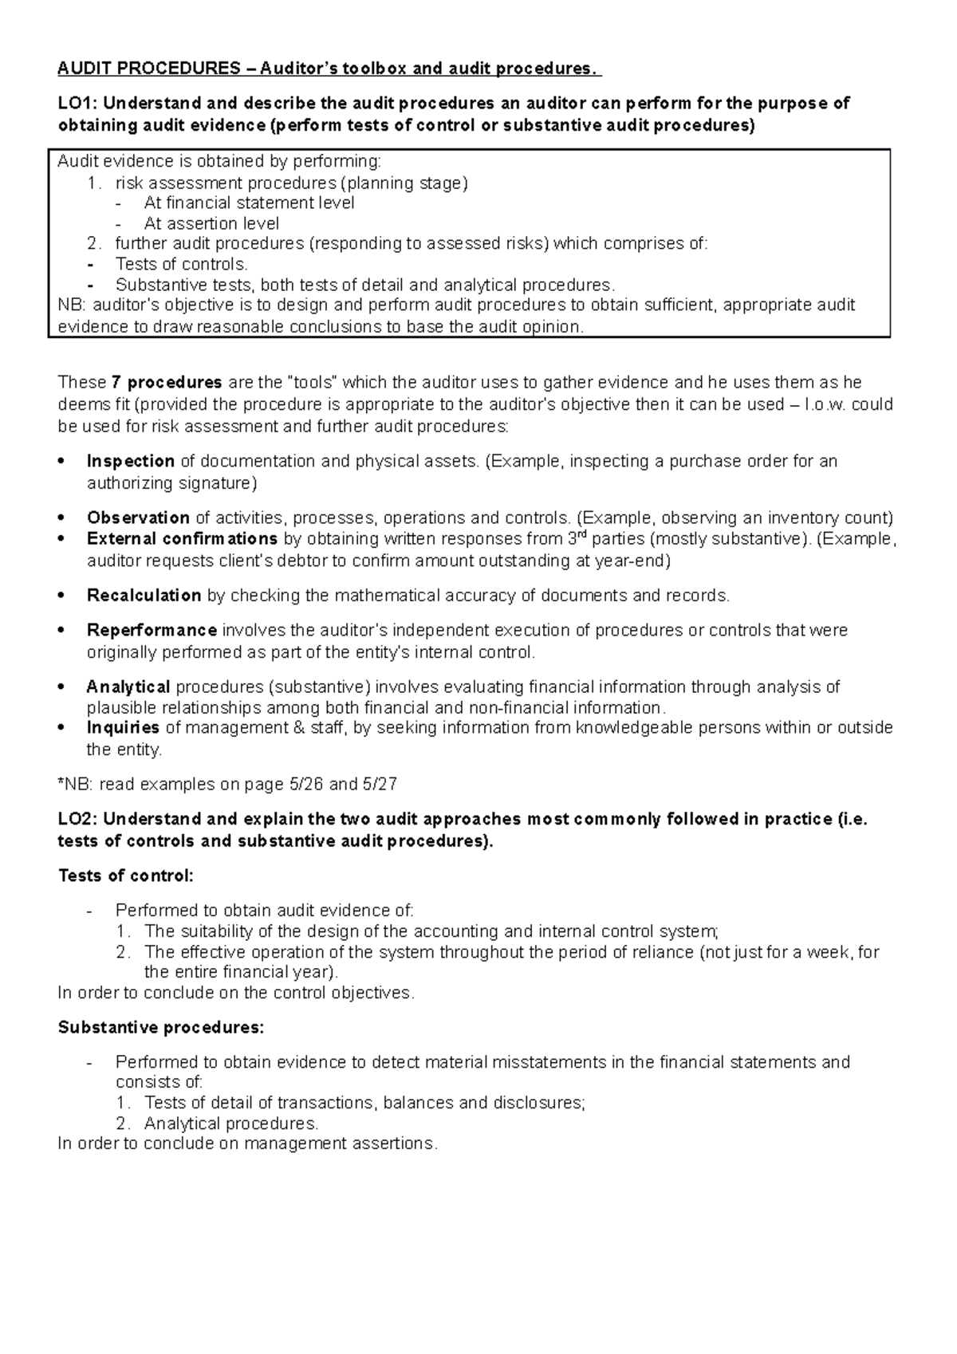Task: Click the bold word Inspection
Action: (x=130, y=462)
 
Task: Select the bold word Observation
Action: (x=137, y=518)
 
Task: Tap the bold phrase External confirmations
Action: (x=182, y=539)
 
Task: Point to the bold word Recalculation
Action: (x=144, y=596)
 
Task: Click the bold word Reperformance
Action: (x=152, y=631)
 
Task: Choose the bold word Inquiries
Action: (x=123, y=728)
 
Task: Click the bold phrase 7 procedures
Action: (x=167, y=384)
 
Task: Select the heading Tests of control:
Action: (x=126, y=876)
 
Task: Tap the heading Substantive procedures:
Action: (x=160, y=1028)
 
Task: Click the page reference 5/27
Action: (x=379, y=785)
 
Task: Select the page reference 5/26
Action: (x=304, y=785)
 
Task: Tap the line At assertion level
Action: (x=211, y=224)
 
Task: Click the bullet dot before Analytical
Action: (x=62, y=687)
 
